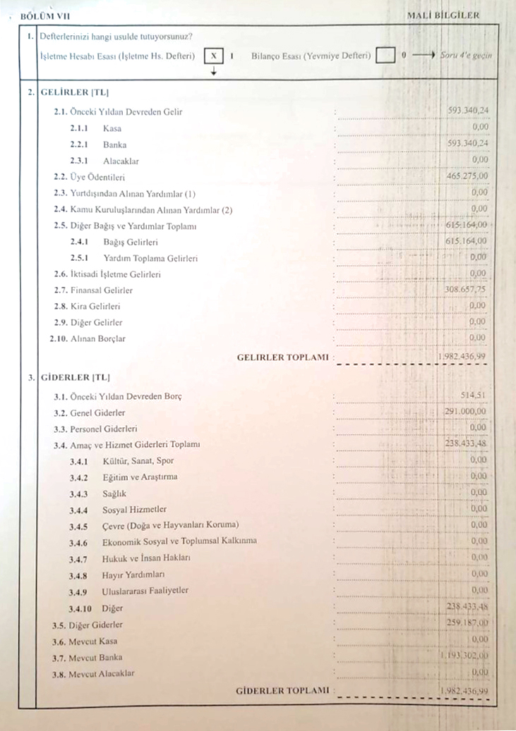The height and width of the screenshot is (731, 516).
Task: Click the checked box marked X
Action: coord(213,55)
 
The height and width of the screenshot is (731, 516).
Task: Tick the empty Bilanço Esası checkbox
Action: coord(385,55)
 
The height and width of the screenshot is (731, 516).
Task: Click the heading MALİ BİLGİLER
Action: coord(443,15)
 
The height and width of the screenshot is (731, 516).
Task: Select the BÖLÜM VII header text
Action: coord(46,15)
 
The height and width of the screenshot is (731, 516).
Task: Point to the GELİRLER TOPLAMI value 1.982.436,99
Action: coord(462,357)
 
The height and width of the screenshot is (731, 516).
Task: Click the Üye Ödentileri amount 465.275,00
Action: coord(467,175)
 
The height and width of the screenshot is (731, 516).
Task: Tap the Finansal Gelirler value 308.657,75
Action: coord(467,290)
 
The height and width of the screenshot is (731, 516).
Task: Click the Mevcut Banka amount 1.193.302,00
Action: coord(463,656)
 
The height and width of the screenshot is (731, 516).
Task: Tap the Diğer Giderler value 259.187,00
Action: coord(467,624)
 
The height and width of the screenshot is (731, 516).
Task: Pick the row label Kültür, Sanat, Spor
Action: coord(138,461)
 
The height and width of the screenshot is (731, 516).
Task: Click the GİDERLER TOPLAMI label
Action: coord(282,691)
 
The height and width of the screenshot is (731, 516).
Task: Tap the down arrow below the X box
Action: coord(213,71)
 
